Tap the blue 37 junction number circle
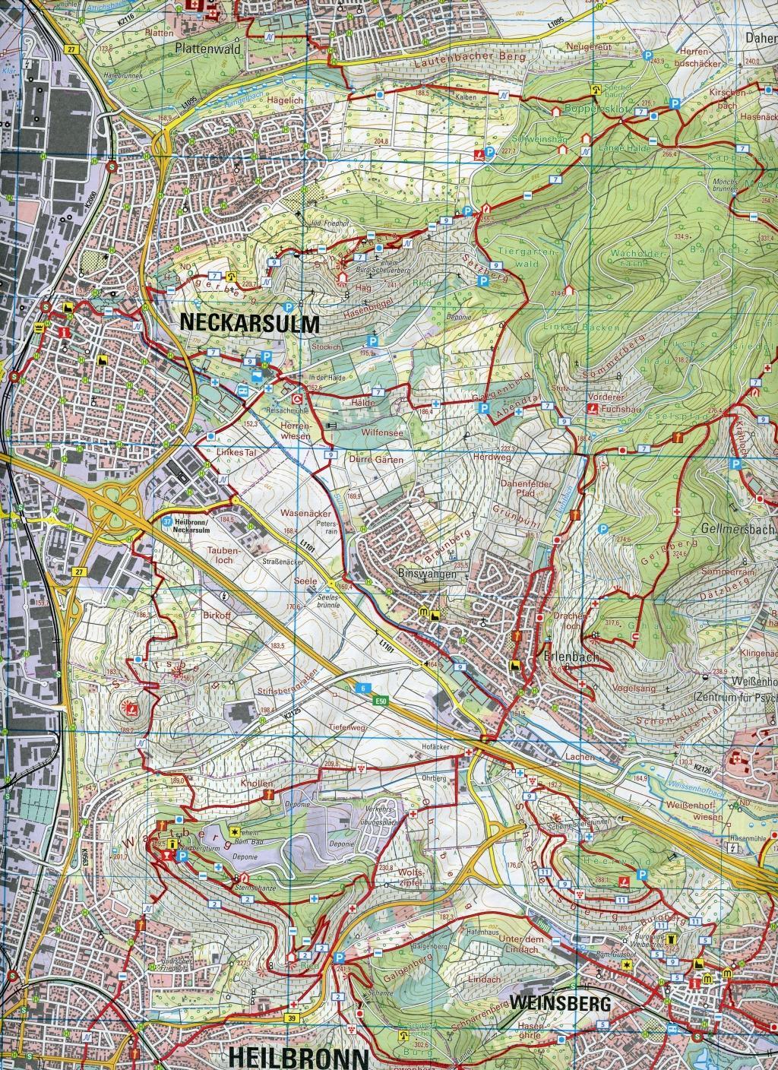(x=167, y=522)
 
